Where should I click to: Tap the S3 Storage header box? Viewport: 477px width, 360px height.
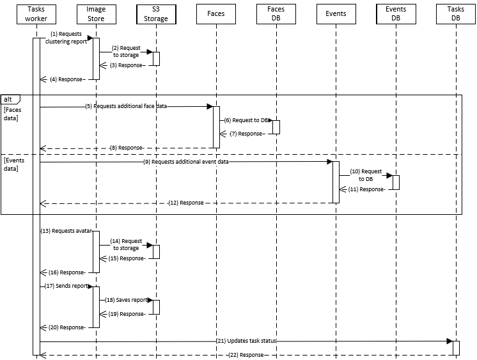(156, 14)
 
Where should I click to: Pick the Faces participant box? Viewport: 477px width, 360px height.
(216, 13)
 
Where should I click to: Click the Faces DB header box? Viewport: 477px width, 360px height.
(276, 14)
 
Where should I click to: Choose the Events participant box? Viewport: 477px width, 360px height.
(336, 13)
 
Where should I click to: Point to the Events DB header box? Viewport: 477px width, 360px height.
(396, 14)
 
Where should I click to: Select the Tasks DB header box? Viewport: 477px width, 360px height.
(456, 14)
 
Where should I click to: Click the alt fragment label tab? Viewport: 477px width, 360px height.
(9, 99)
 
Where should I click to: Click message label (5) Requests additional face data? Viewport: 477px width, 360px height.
(126, 107)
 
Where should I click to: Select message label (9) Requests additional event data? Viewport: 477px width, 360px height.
(186, 162)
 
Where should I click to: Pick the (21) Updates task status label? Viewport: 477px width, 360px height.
(247, 341)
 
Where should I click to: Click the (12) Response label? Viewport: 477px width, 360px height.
(186, 203)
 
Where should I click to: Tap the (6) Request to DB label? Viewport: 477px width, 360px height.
(247, 120)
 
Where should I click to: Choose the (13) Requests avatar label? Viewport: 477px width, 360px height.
(66, 230)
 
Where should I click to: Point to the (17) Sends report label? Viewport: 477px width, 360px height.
(67, 286)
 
